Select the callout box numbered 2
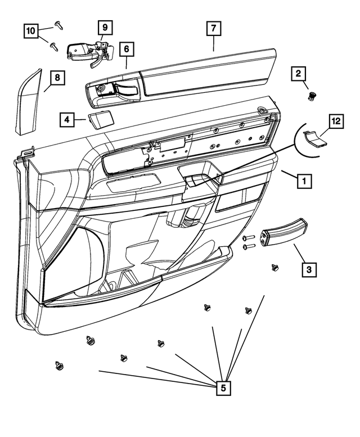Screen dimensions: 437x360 [299, 74]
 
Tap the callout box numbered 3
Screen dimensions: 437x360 [308, 269]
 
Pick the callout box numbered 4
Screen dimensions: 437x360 [66, 119]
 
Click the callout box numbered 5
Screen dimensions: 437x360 [223, 388]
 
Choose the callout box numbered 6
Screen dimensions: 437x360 [127, 49]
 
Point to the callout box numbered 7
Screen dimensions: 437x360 [214, 28]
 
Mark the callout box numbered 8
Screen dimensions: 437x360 [57, 78]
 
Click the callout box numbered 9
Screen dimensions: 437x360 [105, 26]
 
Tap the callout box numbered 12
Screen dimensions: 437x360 [336, 121]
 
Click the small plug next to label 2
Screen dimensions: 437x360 [310, 96]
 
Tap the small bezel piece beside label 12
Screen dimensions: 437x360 [315, 138]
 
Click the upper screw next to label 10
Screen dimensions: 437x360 [58, 23]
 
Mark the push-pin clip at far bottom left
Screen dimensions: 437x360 [60, 366]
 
